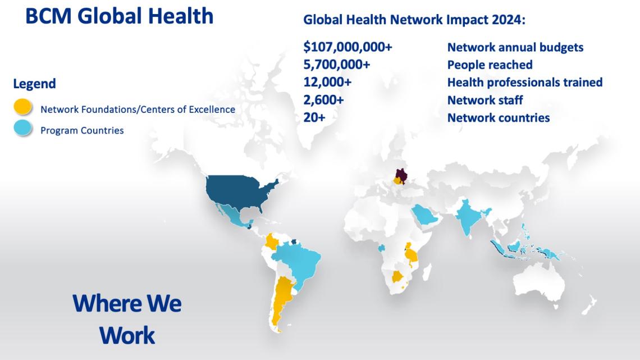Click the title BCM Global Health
click(x=119, y=16)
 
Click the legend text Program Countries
click(x=82, y=130)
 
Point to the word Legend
click(x=34, y=84)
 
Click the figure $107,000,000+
click(x=348, y=47)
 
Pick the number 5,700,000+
click(x=336, y=65)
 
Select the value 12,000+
click(x=327, y=83)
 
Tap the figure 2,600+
click(x=323, y=101)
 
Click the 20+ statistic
click(x=314, y=118)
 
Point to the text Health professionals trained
click(x=524, y=83)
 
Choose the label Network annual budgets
click(x=515, y=47)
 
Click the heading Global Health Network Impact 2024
click(x=414, y=20)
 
